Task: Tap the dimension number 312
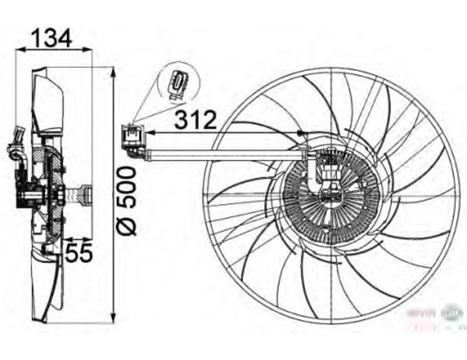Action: coord(195,118)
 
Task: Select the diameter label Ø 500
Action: coord(128,200)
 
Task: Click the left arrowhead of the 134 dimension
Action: coord(19,50)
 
